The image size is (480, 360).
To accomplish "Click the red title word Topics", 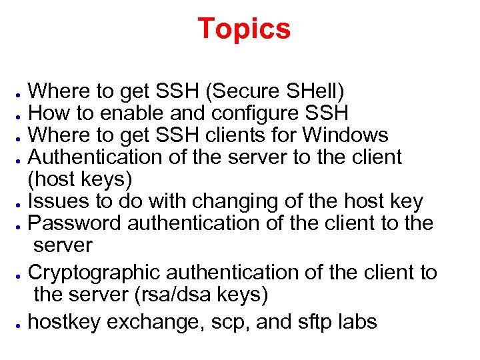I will point(244,29).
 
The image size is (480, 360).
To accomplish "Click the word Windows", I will point(345,135).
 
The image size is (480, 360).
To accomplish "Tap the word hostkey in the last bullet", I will point(65,322).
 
